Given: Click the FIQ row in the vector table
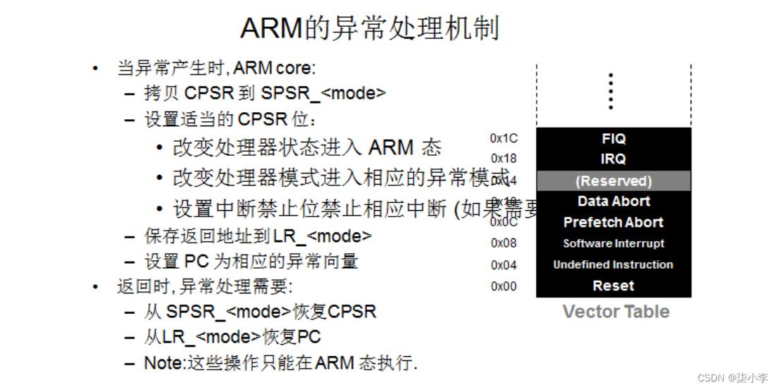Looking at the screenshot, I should tap(613, 138).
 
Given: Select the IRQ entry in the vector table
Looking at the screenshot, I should tap(613, 159).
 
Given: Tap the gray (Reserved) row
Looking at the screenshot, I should tap(613, 181).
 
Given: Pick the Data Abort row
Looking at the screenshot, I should tap(613, 201).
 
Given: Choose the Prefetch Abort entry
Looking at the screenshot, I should tap(613, 222).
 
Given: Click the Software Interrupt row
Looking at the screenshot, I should tap(613, 243).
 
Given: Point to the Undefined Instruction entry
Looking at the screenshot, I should tap(613, 264).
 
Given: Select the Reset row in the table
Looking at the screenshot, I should tap(613, 286).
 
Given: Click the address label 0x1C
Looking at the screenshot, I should tap(504, 139).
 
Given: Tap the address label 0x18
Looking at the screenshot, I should tap(504, 159).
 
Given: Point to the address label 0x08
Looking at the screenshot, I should tap(504, 243).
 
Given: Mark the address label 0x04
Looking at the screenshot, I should tap(504, 265).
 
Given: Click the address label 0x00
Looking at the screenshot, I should tap(504, 286).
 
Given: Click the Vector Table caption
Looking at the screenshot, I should tap(616, 312).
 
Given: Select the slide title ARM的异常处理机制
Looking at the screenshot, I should tap(370, 29).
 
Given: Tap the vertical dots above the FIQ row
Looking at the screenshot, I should tap(611, 91).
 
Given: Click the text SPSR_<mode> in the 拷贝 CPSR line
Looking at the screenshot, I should tap(323, 93).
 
